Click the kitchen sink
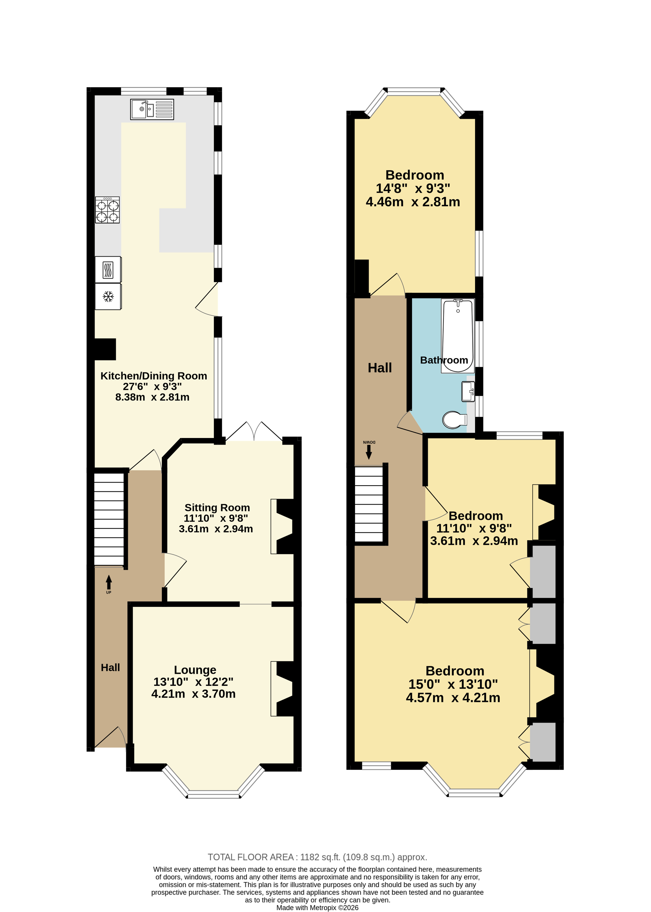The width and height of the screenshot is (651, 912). click(x=152, y=110)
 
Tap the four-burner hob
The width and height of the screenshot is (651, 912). click(x=107, y=210)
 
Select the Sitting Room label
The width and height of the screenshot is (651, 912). click(x=217, y=508)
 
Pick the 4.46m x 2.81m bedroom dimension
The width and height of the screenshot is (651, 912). click(x=413, y=202)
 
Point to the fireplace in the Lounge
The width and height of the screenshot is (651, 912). click(x=284, y=688)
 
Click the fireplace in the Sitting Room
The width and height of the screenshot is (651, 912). click(x=284, y=526)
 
